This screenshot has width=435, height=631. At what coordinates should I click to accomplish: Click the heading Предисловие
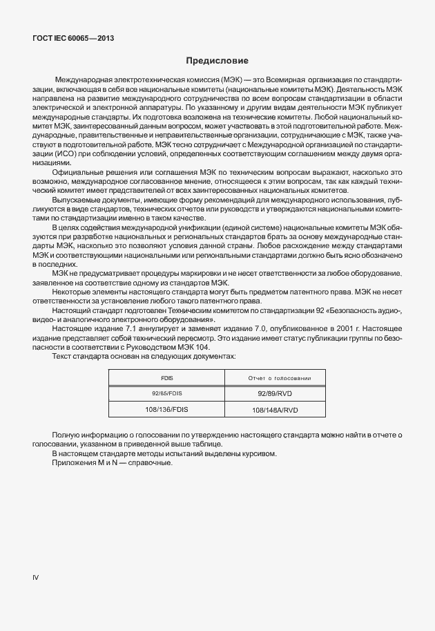[217, 61]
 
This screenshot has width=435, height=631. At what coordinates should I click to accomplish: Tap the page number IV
[36, 576]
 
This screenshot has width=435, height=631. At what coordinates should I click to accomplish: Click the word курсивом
[259, 453]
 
